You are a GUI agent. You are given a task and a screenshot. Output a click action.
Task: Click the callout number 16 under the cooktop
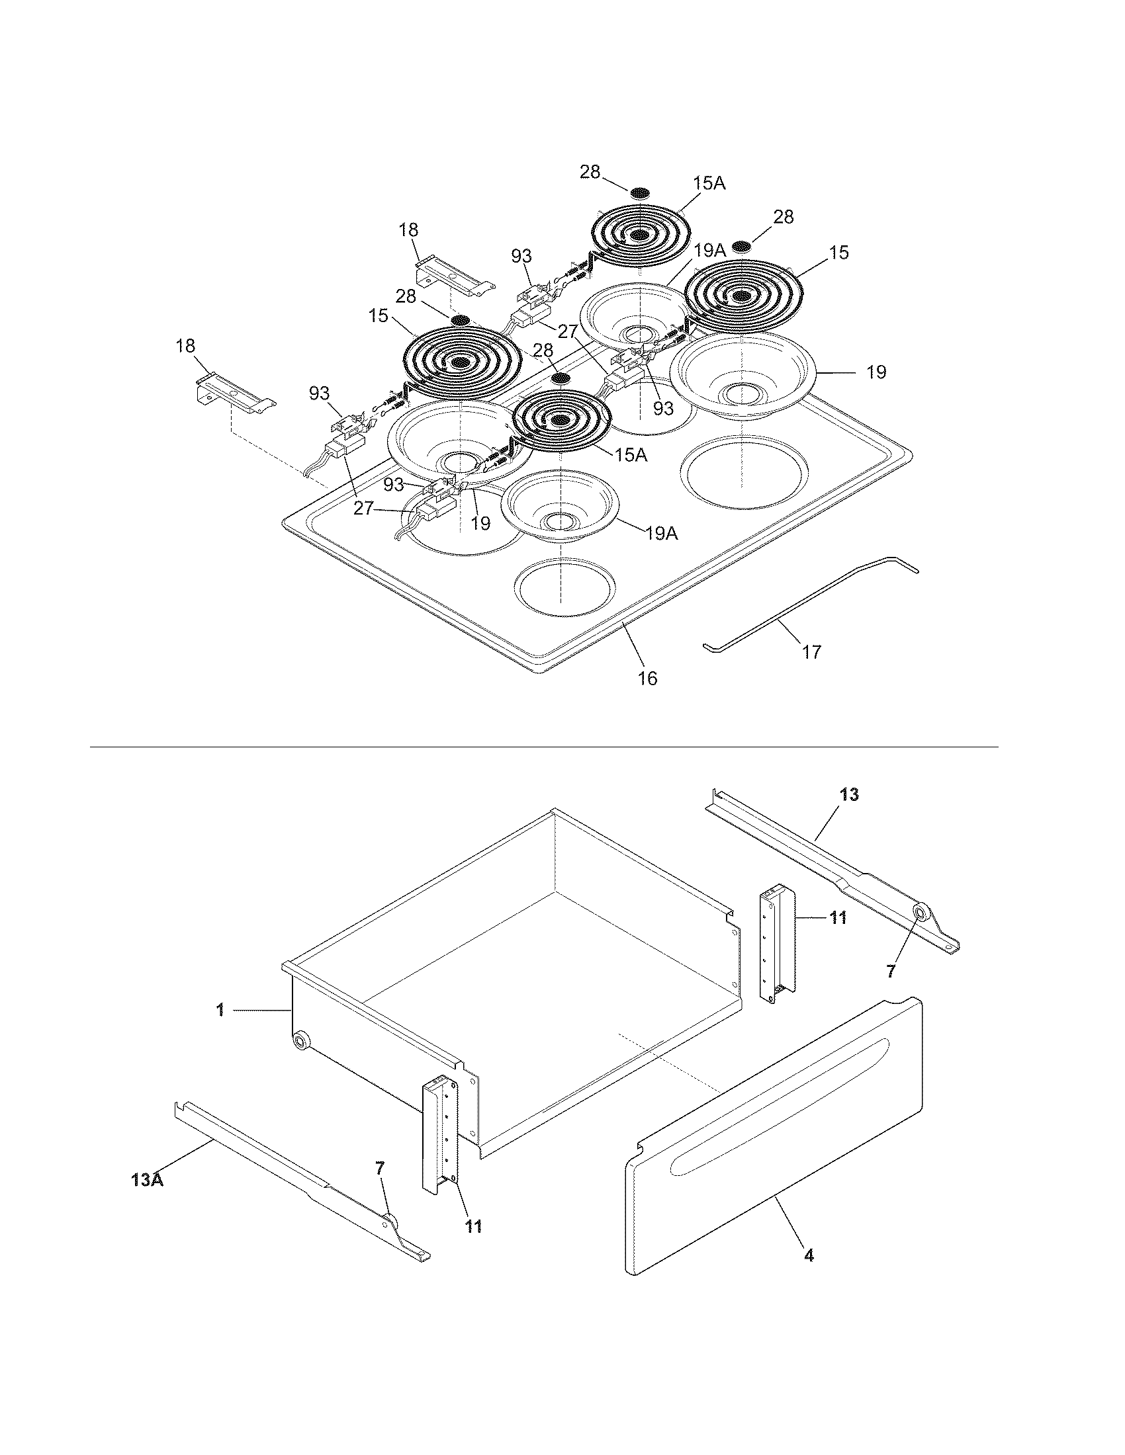click(x=647, y=678)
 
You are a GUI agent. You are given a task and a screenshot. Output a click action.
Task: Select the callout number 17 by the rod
click(x=811, y=651)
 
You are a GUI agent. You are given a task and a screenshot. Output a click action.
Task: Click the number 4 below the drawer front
click(x=809, y=1256)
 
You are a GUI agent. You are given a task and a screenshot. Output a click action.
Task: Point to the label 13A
click(x=148, y=1180)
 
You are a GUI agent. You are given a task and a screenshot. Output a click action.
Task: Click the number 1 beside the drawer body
click(x=220, y=1011)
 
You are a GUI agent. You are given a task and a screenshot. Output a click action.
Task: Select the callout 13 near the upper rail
click(x=849, y=794)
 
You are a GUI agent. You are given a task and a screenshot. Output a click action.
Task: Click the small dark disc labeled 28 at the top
click(x=640, y=192)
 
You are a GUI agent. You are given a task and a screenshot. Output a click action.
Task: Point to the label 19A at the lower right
click(x=661, y=533)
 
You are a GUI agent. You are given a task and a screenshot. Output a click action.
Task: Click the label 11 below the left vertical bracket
click(x=473, y=1226)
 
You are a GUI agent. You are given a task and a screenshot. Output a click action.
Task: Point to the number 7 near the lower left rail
click(x=381, y=1167)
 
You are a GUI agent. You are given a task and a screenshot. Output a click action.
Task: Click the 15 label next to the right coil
click(x=839, y=253)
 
